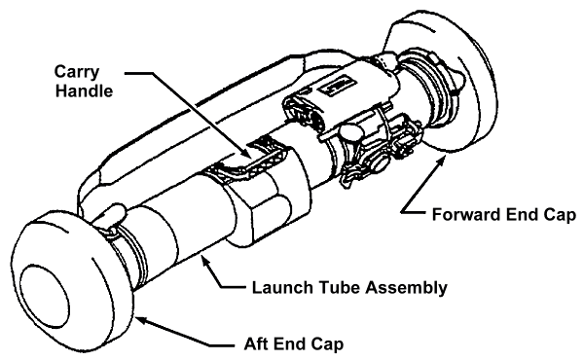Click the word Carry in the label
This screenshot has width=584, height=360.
(77, 72)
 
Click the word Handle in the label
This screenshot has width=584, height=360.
(84, 90)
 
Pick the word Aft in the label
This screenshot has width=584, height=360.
(257, 344)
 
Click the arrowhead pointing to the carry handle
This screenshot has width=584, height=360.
(246, 153)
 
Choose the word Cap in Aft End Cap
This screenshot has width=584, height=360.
(329, 344)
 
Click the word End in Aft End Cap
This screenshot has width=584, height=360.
(291, 344)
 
